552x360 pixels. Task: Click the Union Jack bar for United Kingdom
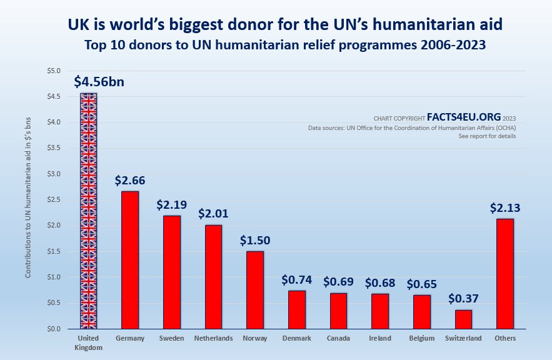coord(88,211)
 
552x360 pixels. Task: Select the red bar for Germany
coord(129,260)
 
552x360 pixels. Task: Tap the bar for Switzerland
coord(463,319)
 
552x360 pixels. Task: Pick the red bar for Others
coord(504,273)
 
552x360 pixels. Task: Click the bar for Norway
coord(255,289)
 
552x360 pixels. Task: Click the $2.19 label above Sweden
coord(172,204)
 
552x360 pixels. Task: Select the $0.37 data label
coord(463,299)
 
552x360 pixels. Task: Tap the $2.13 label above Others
coord(505,207)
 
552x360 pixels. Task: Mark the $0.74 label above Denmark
coord(297,279)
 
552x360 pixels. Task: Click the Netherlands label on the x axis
coord(213,338)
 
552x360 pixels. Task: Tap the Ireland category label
coord(380,338)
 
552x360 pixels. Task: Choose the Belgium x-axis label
coord(421,338)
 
